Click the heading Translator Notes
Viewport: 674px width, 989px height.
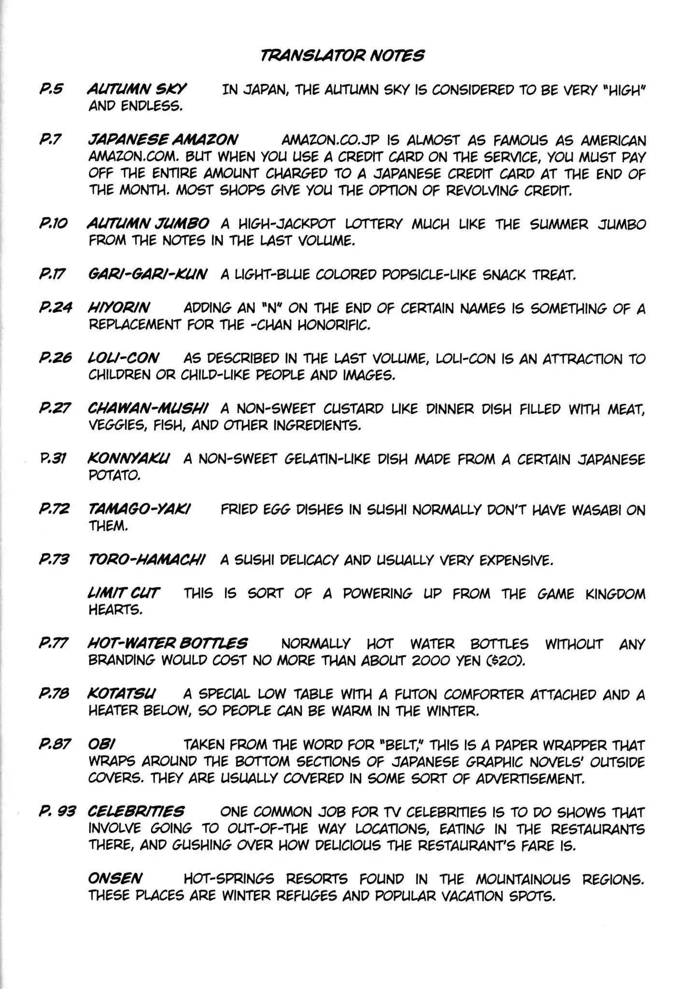[x=342, y=56]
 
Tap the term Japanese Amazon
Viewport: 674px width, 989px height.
[x=163, y=140]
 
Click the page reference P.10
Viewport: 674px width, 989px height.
[x=54, y=224]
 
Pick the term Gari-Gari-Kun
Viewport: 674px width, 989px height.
[x=147, y=275]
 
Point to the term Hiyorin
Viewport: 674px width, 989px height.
[x=119, y=308]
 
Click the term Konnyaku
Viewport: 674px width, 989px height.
[x=128, y=459]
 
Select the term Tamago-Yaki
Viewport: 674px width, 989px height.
[x=139, y=509]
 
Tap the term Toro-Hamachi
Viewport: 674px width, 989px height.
[x=147, y=560]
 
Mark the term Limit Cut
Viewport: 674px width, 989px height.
[x=124, y=593]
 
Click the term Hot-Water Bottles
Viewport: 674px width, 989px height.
[x=168, y=644]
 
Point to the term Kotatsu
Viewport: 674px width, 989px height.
[x=122, y=694]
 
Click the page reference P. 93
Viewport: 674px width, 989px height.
[x=57, y=812]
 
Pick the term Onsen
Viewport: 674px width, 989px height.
[x=115, y=878]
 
